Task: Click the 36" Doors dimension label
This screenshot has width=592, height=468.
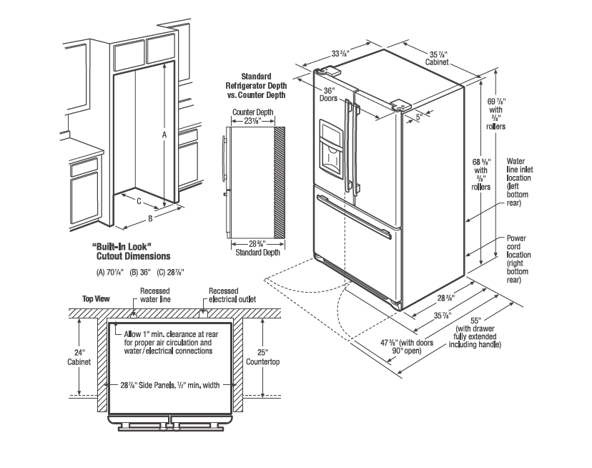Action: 329,94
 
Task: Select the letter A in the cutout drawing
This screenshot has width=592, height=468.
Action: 164,134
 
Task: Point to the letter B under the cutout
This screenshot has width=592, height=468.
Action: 149,218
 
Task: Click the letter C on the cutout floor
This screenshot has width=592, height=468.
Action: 138,201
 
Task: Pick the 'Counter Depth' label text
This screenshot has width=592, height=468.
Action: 252,112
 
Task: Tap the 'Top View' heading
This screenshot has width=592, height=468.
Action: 96,298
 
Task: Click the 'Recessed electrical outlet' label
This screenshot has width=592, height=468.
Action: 231,296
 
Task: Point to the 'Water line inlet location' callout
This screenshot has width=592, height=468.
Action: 520,182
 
